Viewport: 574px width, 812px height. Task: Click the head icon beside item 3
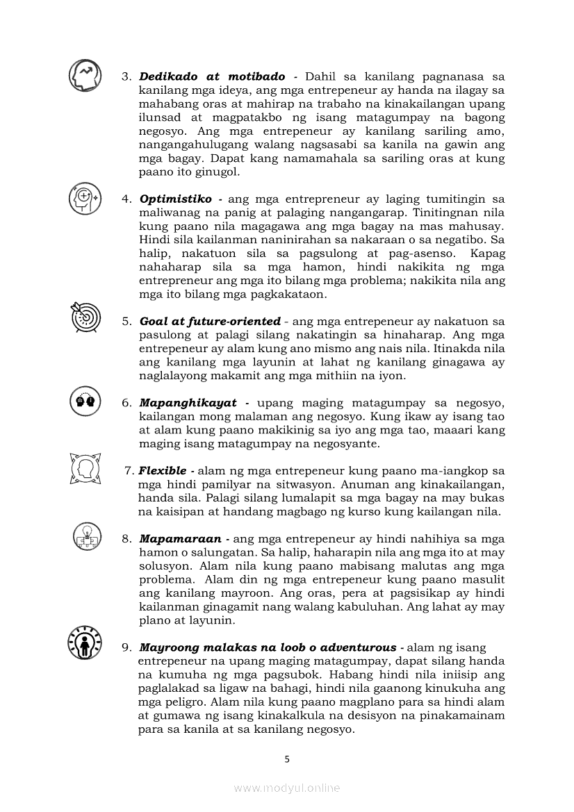coord(85,76)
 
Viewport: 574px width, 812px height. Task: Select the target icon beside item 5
coord(85,318)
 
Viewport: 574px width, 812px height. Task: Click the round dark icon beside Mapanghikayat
coord(85,401)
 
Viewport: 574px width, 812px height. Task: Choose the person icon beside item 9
coord(85,643)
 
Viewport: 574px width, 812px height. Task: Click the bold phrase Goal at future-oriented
coord(210,322)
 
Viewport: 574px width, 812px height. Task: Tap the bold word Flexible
coord(163,471)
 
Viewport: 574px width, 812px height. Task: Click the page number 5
coord(287,759)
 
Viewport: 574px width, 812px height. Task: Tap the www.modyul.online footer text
coord(287,788)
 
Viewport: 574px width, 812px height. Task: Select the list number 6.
coord(126,403)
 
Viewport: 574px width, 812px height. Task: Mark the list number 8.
coord(126,538)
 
